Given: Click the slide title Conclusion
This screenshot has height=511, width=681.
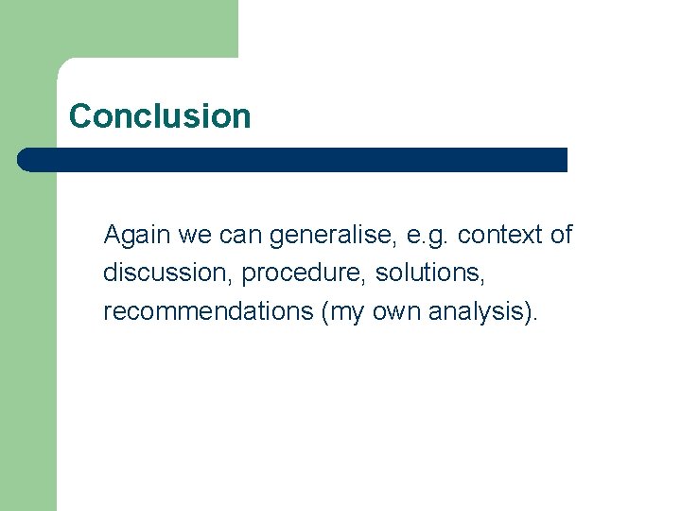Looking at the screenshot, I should point(160,116).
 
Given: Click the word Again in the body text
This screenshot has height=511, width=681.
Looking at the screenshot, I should point(132,235).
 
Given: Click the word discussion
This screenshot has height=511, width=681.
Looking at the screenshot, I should point(167,273).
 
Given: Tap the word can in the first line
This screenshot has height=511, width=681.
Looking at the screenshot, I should point(234,235).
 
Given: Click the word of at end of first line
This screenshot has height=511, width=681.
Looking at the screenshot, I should point(561,235).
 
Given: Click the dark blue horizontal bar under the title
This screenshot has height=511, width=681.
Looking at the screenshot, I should point(293,160).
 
